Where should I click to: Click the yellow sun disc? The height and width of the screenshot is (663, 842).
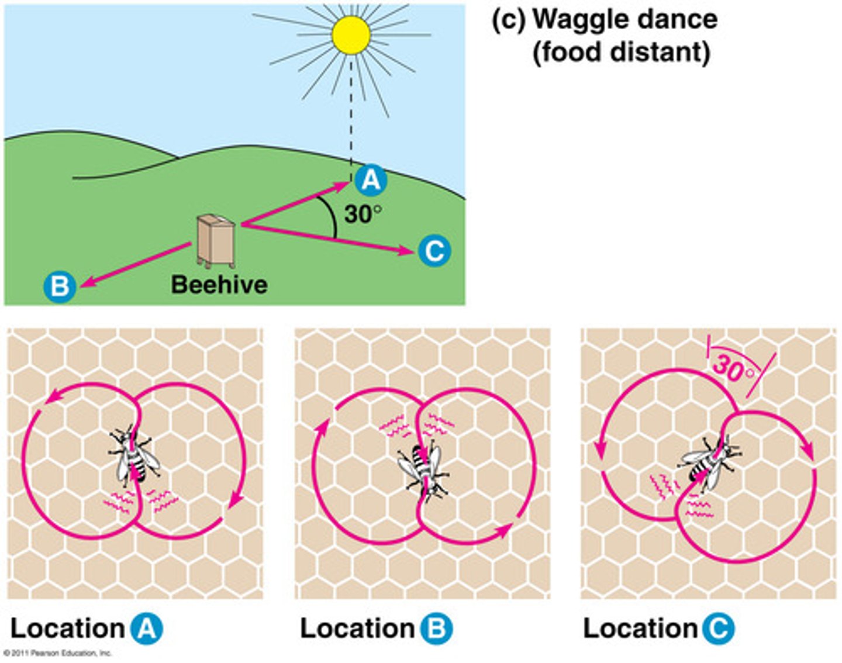(x=351, y=35)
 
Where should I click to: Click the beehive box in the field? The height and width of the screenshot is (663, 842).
(x=216, y=240)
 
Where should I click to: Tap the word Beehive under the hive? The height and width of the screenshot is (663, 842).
(x=219, y=285)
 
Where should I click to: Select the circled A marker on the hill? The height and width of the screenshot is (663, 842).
(x=371, y=180)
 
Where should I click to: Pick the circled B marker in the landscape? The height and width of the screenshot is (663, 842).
(x=60, y=286)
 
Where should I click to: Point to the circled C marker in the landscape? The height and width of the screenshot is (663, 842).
(x=434, y=251)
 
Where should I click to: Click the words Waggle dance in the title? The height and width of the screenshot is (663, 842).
(x=624, y=19)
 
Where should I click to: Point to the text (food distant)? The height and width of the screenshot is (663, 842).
(x=621, y=52)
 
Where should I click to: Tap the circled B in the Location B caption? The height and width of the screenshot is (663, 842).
(x=437, y=629)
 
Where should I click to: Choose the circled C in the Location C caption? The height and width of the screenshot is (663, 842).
(x=717, y=629)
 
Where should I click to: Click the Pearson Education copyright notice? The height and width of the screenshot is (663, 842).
(x=57, y=653)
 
